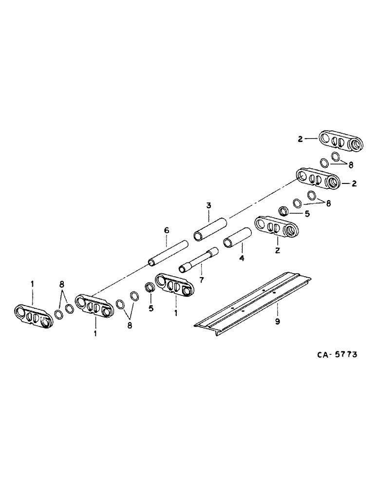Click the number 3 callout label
click(208, 205)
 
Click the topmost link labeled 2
click(342, 141)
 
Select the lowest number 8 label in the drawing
click(129, 325)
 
